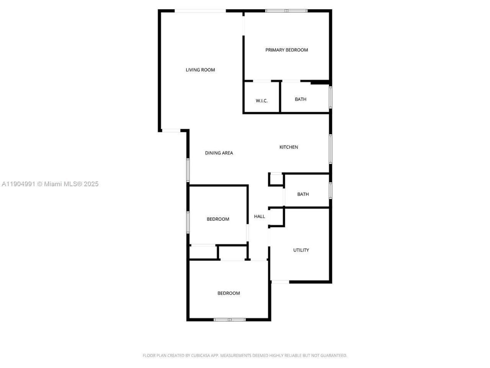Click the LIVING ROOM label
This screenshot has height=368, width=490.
200,70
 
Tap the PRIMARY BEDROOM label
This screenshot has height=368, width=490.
287,50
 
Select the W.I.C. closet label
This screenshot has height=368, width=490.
261,101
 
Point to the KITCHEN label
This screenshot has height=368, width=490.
289,147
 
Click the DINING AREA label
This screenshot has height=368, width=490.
219,153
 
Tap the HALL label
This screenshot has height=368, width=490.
260,217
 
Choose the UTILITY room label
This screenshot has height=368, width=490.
301,250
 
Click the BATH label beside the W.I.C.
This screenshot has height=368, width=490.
301,99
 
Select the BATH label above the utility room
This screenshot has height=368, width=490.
303,194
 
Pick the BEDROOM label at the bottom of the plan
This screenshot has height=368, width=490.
229,293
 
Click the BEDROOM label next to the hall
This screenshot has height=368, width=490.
218,219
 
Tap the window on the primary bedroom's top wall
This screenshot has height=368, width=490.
286,11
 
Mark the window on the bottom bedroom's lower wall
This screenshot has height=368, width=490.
230,319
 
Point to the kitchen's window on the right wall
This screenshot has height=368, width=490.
330,149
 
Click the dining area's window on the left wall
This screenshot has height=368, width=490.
188,170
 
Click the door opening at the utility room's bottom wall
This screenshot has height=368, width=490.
280,282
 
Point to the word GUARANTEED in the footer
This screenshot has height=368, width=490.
333,356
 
